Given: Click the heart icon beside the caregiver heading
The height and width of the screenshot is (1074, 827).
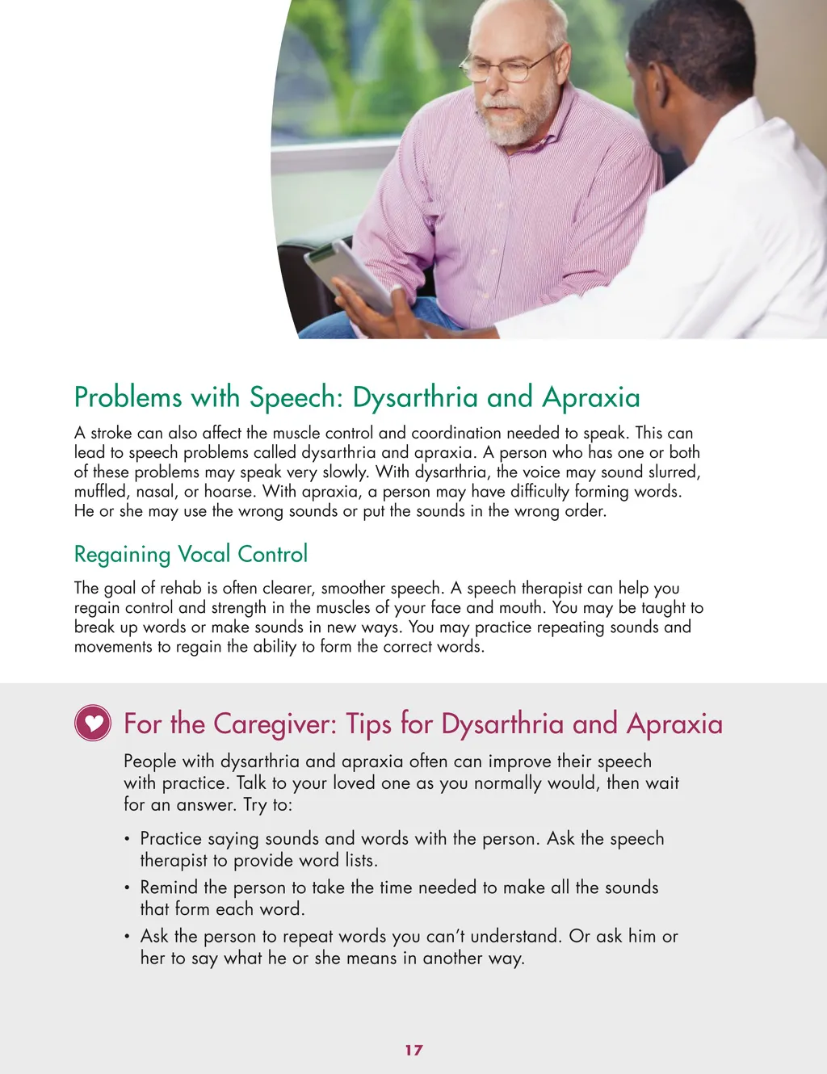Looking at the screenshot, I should (x=93, y=723).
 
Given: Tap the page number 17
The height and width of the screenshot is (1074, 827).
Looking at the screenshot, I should (x=413, y=1050).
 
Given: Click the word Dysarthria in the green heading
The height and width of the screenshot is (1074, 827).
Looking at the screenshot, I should (x=415, y=398).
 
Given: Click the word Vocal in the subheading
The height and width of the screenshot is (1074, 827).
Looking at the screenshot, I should (x=204, y=554).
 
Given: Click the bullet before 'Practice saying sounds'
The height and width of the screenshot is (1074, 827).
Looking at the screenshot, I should (x=128, y=840).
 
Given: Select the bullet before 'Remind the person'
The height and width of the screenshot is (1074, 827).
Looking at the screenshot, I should (x=128, y=888).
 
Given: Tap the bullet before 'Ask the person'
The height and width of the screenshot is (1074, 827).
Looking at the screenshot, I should (x=128, y=938).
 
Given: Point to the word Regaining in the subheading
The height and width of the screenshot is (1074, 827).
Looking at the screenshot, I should (x=122, y=555).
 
